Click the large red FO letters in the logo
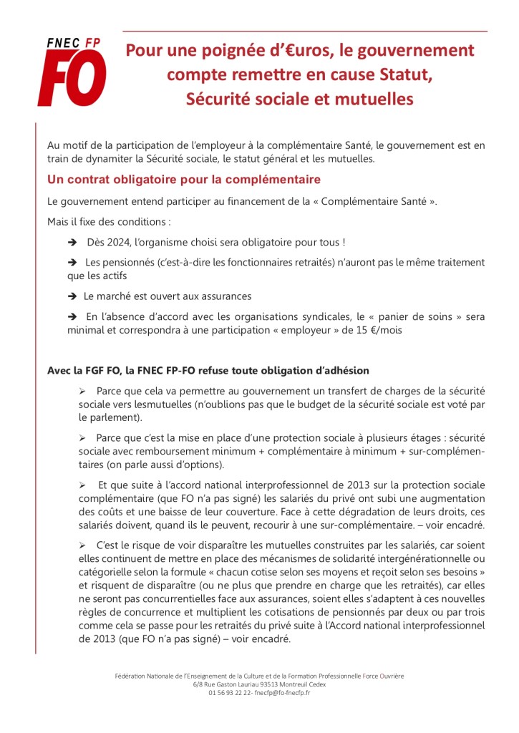(72, 79)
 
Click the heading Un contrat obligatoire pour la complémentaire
(184, 179)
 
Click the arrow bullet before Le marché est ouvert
(72, 296)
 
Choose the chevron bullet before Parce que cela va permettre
(82, 391)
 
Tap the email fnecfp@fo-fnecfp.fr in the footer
(276, 693)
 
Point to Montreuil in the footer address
(293, 684)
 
